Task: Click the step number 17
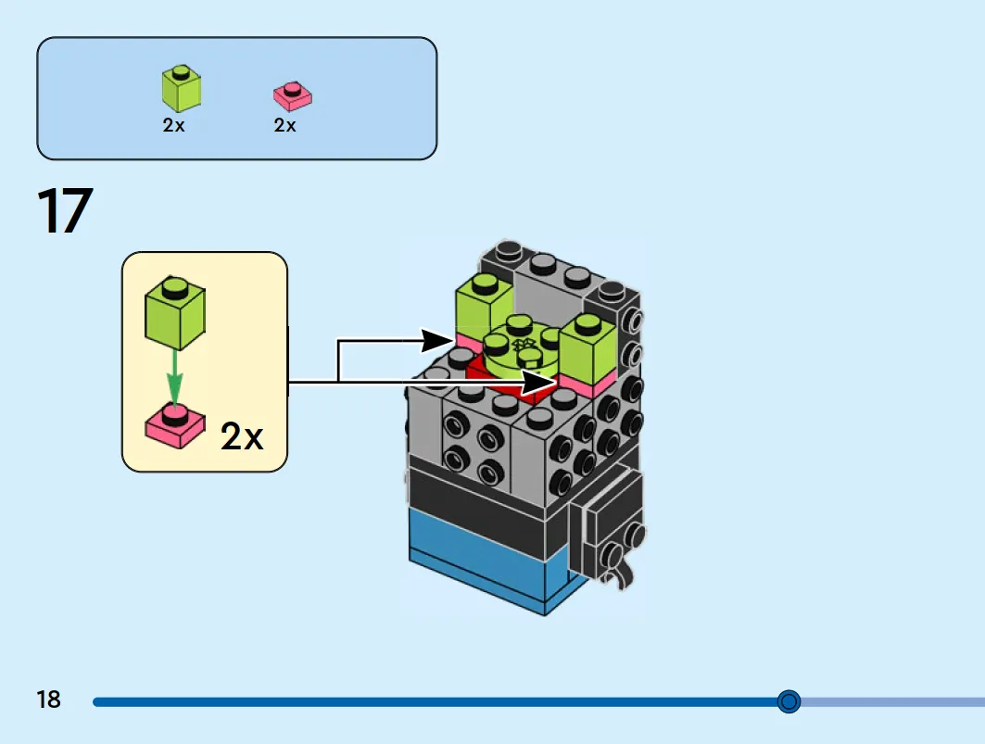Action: click(65, 210)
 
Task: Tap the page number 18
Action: click(48, 700)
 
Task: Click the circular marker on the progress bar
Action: click(789, 701)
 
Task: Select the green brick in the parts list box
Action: click(182, 88)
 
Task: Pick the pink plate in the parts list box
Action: click(292, 96)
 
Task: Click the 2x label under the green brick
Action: click(173, 126)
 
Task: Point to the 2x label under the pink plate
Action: click(284, 126)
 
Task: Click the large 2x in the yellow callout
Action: click(242, 435)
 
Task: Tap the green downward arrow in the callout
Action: click(174, 377)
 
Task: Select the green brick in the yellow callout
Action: click(175, 313)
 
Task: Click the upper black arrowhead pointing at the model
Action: click(437, 341)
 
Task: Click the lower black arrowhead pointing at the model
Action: click(539, 382)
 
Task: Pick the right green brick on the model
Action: click(587, 348)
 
